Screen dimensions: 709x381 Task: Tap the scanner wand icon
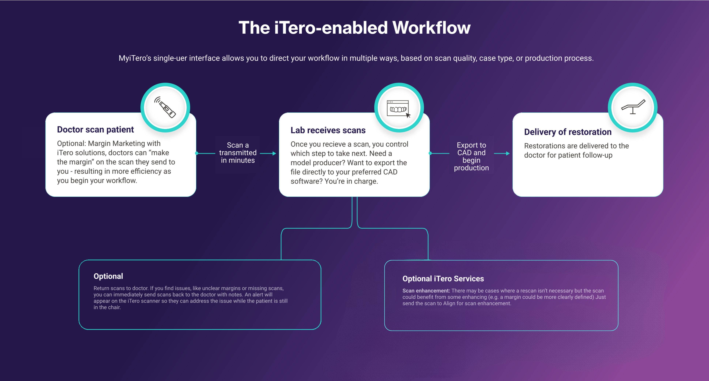[165, 107]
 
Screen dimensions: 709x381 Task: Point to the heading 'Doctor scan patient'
[95, 130]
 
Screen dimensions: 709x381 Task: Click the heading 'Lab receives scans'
[328, 130]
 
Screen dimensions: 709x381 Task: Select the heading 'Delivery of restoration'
[567, 132]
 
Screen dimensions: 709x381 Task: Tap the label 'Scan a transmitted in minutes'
[238, 153]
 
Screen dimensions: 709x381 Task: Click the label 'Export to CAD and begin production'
[471, 156]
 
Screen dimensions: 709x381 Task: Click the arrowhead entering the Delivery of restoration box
[508, 154]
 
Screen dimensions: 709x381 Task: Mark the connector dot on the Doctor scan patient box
[197, 153]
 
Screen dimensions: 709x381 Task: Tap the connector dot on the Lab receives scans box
[430, 153]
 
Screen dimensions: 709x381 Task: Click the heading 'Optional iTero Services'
[443, 279]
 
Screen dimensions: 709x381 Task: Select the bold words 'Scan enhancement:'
[426, 291]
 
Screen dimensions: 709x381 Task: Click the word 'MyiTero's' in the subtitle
[135, 58]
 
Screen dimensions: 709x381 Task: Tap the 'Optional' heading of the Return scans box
[108, 276]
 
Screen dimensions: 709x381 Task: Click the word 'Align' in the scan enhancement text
[449, 303]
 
